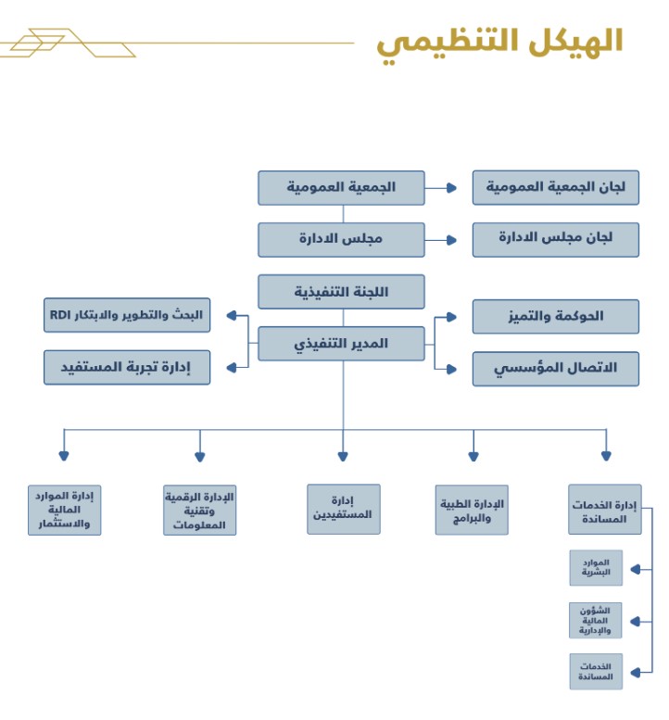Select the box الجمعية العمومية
341,187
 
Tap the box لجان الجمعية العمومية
555,187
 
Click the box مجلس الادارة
341,239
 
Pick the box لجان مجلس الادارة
555,239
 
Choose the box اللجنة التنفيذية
341,291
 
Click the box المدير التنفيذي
341,343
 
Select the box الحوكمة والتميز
555,316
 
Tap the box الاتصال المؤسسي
555,368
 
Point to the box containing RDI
127,315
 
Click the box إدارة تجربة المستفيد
127,367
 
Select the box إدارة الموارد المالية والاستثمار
64,510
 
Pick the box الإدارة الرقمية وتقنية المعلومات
199,510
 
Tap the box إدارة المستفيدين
343,509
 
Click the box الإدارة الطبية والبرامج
473,509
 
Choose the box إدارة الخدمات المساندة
605,509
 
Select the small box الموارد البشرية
596,567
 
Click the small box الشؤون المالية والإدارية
596,620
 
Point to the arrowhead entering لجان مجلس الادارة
452,239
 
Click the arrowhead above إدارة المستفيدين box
343,455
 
